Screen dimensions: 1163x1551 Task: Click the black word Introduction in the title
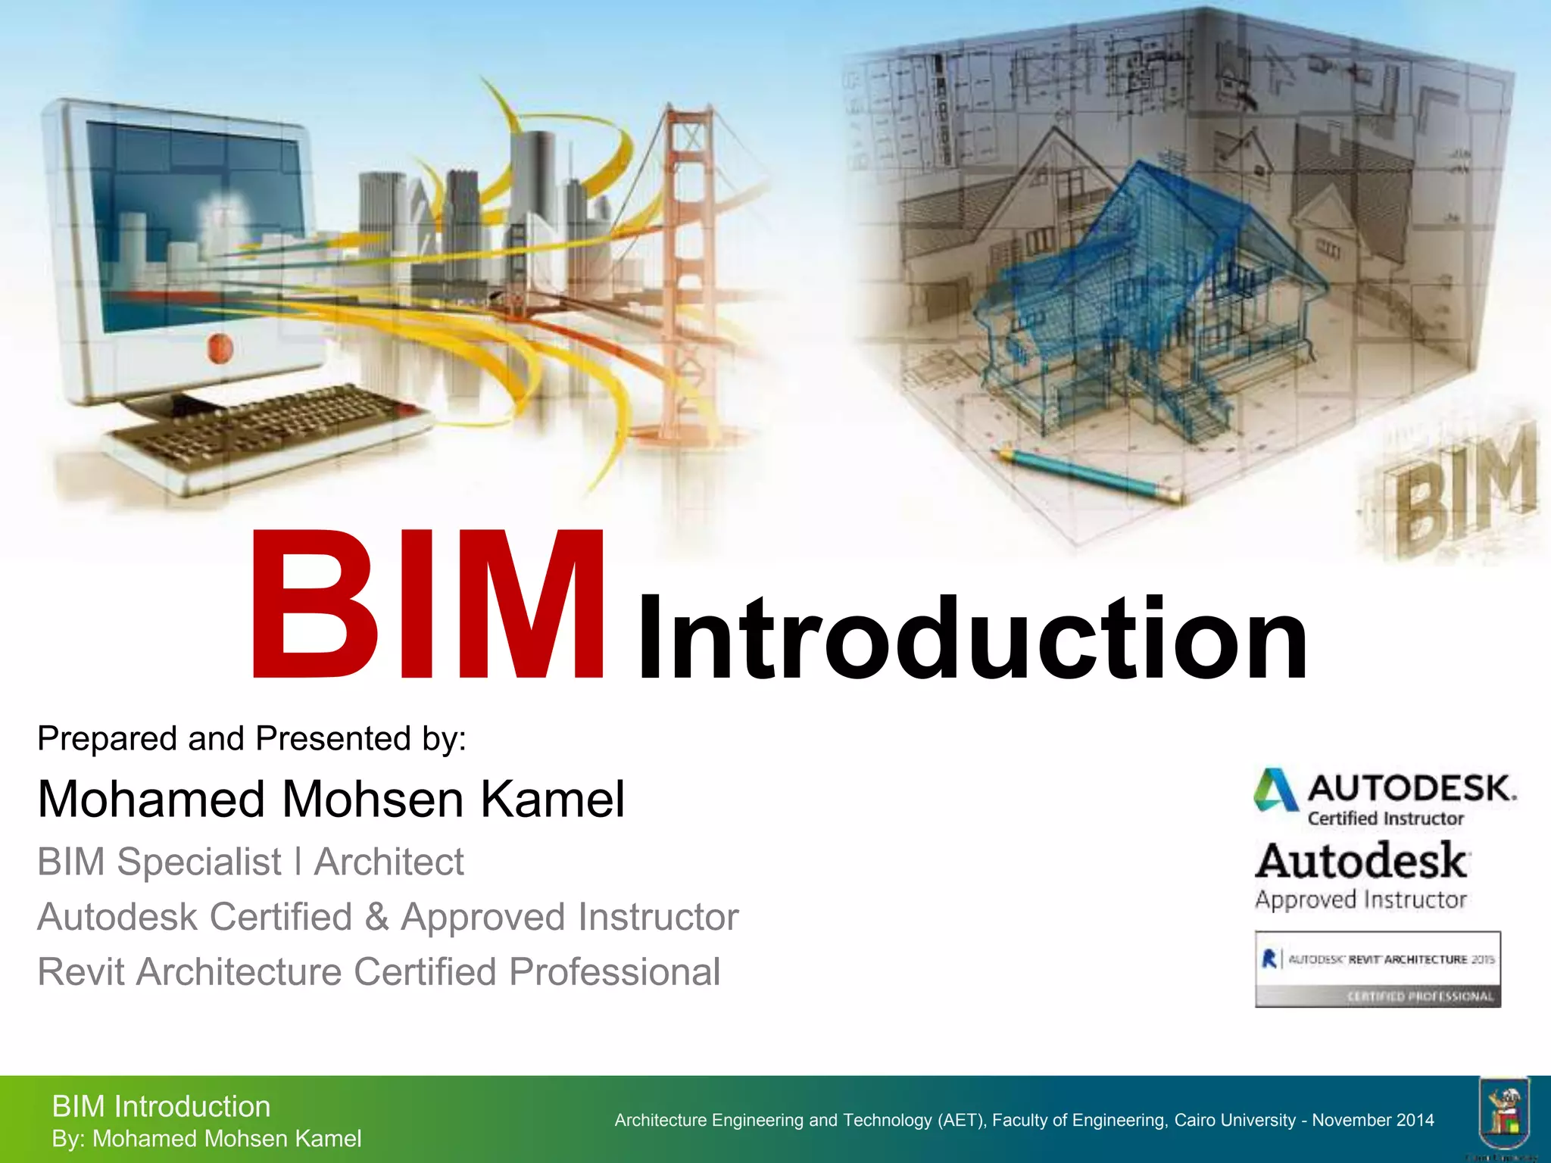click(x=973, y=638)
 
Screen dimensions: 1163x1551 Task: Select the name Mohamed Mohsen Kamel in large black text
click(x=331, y=800)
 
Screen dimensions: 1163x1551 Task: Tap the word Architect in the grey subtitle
click(x=389, y=862)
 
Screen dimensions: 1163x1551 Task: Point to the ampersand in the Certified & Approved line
click(x=376, y=917)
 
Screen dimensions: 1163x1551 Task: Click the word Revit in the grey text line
click(x=82, y=972)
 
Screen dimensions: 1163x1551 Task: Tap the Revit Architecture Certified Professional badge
click(x=1378, y=969)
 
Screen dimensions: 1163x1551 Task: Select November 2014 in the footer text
click(x=1373, y=1121)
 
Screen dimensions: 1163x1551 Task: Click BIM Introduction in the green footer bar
click(x=161, y=1107)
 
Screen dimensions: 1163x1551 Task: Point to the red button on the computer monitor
click(x=220, y=348)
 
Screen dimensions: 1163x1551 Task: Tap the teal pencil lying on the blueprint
click(x=1087, y=474)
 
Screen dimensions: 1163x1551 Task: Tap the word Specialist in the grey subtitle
click(x=198, y=862)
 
